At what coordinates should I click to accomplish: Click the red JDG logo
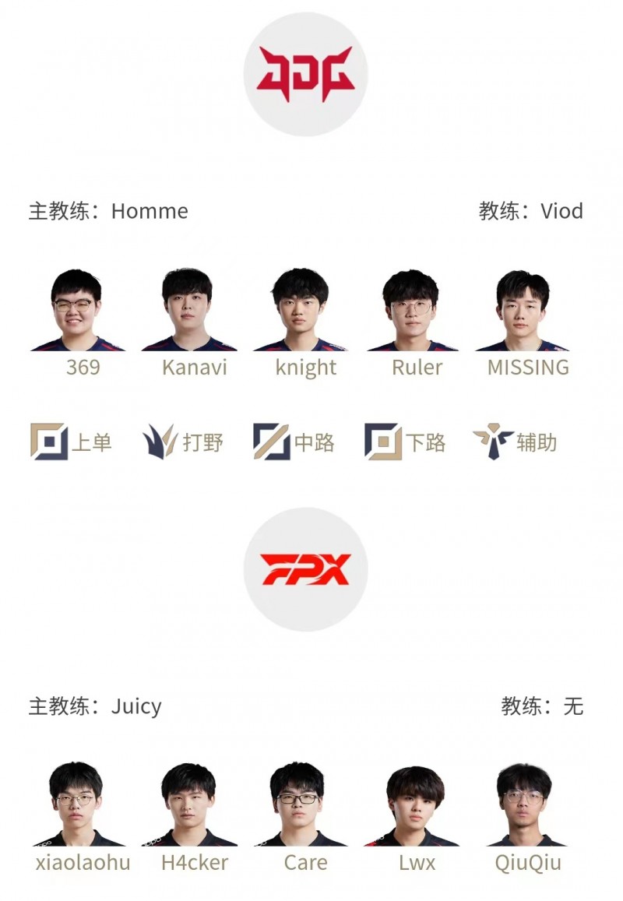click(x=305, y=74)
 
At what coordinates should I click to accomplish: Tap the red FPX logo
click(x=305, y=569)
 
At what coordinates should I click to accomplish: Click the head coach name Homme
click(x=150, y=211)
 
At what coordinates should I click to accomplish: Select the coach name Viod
click(x=561, y=211)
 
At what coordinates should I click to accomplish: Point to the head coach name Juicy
click(x=136, y=706)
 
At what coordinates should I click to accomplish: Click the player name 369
click(x=83, y=368)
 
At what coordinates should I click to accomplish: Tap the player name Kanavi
click(x=194, y=368)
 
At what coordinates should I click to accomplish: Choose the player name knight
click(x=306, y=368)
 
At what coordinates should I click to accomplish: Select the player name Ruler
click(x=417, y=368)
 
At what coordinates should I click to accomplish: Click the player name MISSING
click(x=528, y=368)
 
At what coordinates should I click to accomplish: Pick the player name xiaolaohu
click(x=83, y=863)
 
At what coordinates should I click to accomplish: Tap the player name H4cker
click(x=194, y=863)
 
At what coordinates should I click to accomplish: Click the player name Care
click(x=306, y=863)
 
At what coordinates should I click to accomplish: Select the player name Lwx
click(x=417, y=863)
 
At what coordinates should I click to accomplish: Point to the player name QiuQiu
click(x=528, y=864)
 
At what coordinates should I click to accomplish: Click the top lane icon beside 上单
click(x=49, y=442)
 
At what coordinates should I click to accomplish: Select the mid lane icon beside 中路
click(x=271, y=442)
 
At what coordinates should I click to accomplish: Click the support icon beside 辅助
click(x=493, y=442)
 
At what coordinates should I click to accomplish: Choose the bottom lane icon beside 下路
click(x=383, y=442)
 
